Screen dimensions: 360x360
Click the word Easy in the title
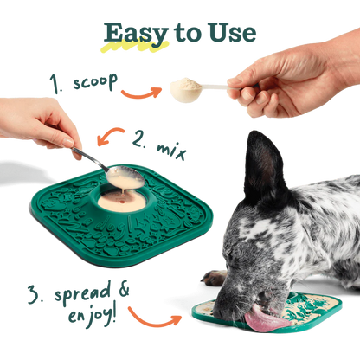136,35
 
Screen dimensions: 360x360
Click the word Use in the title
232,32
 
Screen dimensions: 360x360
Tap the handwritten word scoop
95,81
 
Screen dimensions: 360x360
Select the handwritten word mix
170,151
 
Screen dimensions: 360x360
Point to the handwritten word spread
82,292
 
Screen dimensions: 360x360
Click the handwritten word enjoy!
92,316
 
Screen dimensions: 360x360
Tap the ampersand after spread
124,291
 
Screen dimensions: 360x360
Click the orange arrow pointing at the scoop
141,93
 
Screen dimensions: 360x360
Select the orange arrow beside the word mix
110,134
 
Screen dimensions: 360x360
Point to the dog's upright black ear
263,164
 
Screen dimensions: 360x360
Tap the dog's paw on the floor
214,278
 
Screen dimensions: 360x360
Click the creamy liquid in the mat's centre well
122,202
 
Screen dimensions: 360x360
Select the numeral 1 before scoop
55,84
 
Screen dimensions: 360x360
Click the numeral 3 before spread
35,294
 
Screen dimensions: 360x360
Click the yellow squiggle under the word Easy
134,47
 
